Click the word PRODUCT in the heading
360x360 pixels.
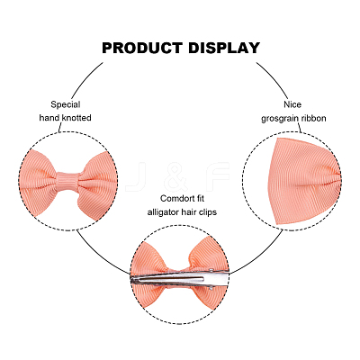[142, 48]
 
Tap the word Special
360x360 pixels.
[66, 104]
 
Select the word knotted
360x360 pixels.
[76, 118]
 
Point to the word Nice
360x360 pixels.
[292, 104]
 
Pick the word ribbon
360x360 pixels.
[313, 118]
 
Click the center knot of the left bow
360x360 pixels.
[68, 181]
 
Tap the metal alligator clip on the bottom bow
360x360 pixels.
[180, 279]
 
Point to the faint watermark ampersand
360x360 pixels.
[177, 177]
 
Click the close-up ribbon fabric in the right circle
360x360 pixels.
[303, 182]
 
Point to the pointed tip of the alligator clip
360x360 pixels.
[131, 280]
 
